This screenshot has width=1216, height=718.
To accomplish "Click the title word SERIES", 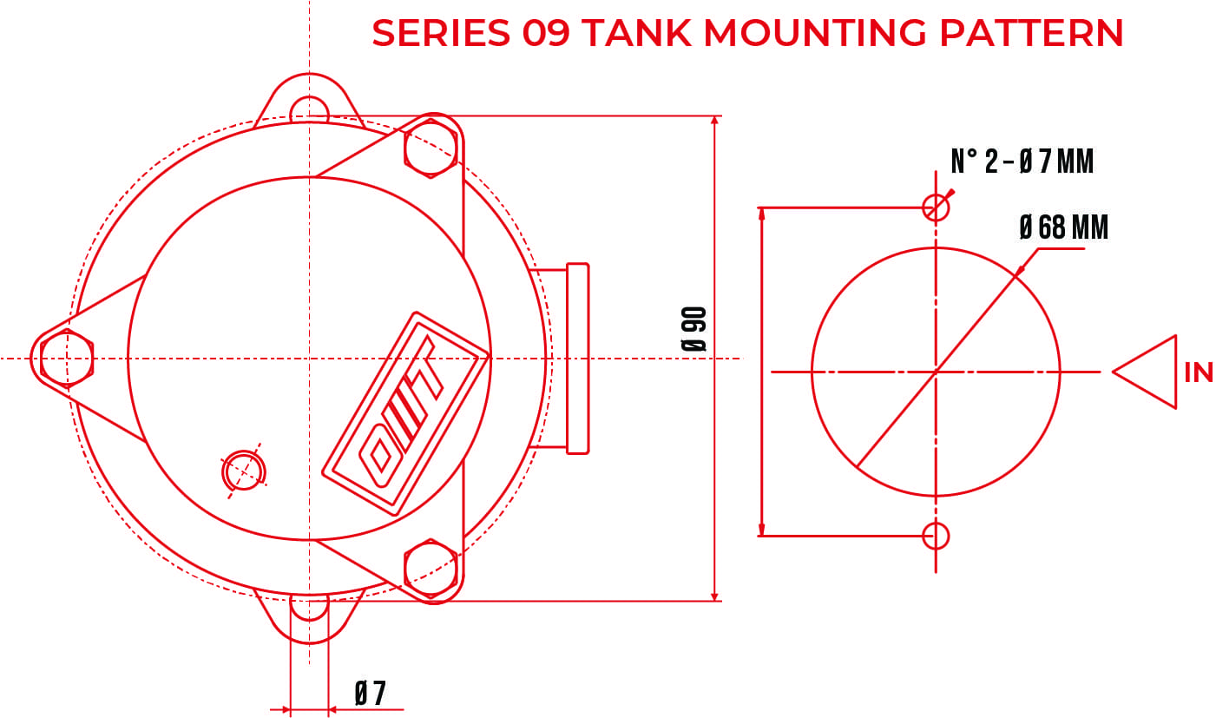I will tap(441, 33).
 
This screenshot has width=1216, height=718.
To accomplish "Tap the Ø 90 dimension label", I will tap(694, 329).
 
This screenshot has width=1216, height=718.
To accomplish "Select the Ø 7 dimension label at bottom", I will tap(371, 694).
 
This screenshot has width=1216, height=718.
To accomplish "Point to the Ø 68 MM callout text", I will tap(1064, 227).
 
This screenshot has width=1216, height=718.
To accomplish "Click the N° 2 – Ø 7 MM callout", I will tap(1022, 161).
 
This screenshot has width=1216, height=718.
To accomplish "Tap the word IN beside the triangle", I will tap(1199, 372).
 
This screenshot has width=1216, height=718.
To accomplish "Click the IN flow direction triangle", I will tap(1149, 372).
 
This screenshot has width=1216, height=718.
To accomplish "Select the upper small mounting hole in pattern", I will tap(936, 207).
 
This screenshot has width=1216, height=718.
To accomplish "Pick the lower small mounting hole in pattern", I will tap(936, 536).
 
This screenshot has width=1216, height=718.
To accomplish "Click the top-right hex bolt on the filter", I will tap(431, 148).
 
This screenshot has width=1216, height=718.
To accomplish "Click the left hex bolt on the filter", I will tap(67, 358).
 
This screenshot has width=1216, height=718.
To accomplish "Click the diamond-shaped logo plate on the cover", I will tap(404, 412).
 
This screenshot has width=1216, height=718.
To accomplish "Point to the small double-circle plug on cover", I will tap(244, 471).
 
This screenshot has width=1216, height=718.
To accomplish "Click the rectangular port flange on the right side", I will tap(576, 358).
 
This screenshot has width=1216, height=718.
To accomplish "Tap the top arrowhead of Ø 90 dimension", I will tap(715, 122).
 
